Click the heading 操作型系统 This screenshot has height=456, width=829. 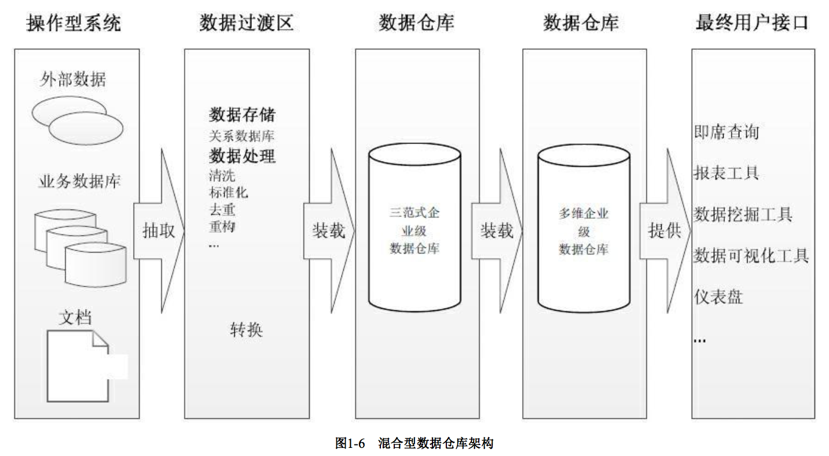[74, 24]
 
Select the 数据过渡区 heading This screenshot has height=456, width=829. [246, 24]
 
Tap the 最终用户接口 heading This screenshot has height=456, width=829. [751, 24]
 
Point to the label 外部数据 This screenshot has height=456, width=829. [74, 79]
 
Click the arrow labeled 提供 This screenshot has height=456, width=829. [664, 231]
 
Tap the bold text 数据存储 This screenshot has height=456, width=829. [242, 115]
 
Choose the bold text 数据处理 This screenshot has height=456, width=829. [242, 156]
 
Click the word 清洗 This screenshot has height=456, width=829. [222, 175]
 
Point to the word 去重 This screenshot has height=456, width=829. [222, 209]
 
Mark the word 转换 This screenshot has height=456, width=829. [246, 330]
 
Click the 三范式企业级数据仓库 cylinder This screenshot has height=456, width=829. [414, 230]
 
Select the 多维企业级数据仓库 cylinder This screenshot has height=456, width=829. [584, 230]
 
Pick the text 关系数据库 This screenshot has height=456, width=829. [241, 137]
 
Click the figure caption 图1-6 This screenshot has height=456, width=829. [349, 443]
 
